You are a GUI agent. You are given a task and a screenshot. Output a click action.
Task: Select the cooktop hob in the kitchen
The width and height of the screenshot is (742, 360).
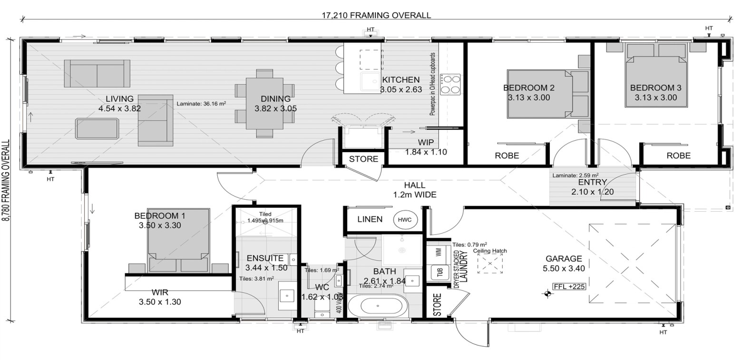[x=450, y=84]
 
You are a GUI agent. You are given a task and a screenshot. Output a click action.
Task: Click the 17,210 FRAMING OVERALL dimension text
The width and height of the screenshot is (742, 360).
[x=376, y=15]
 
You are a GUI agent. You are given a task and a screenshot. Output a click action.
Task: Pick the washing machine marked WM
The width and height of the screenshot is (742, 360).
[x=438, y=253]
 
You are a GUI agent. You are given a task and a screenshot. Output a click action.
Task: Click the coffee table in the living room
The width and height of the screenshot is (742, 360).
[x=97, y=128]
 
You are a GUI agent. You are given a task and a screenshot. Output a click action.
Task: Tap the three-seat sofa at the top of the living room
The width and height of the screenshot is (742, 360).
[x=97, y=73]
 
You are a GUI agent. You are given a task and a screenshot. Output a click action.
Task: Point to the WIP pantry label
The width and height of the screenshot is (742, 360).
[x=426, y=143]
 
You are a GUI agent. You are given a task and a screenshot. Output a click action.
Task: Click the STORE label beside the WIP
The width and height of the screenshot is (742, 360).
[x=363, y=159]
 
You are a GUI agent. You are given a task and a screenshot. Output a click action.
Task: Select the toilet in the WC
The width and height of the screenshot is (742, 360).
[x=322, y=311]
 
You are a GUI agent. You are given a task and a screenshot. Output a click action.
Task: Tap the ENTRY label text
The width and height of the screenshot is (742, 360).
[x=592, y=182]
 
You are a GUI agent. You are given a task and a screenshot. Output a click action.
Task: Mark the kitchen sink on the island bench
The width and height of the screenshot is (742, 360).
[x=370, y=82]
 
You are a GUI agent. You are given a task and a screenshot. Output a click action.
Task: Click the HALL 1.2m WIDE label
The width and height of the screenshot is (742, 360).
[x=414, y=190]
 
